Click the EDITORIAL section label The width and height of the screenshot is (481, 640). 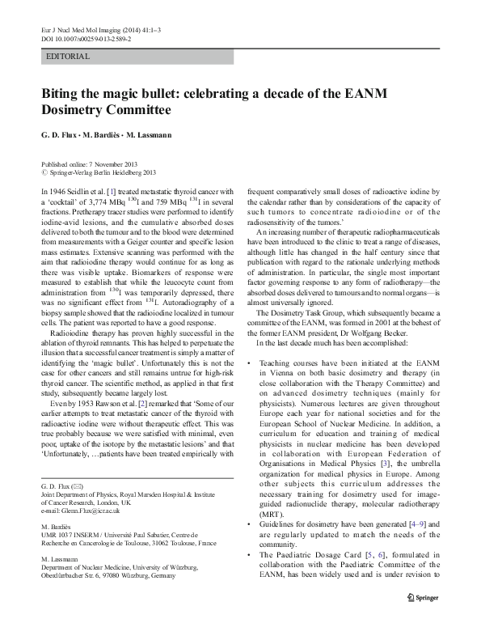click(68, 57)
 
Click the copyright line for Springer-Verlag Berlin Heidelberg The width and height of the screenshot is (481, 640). click(98, 172)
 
